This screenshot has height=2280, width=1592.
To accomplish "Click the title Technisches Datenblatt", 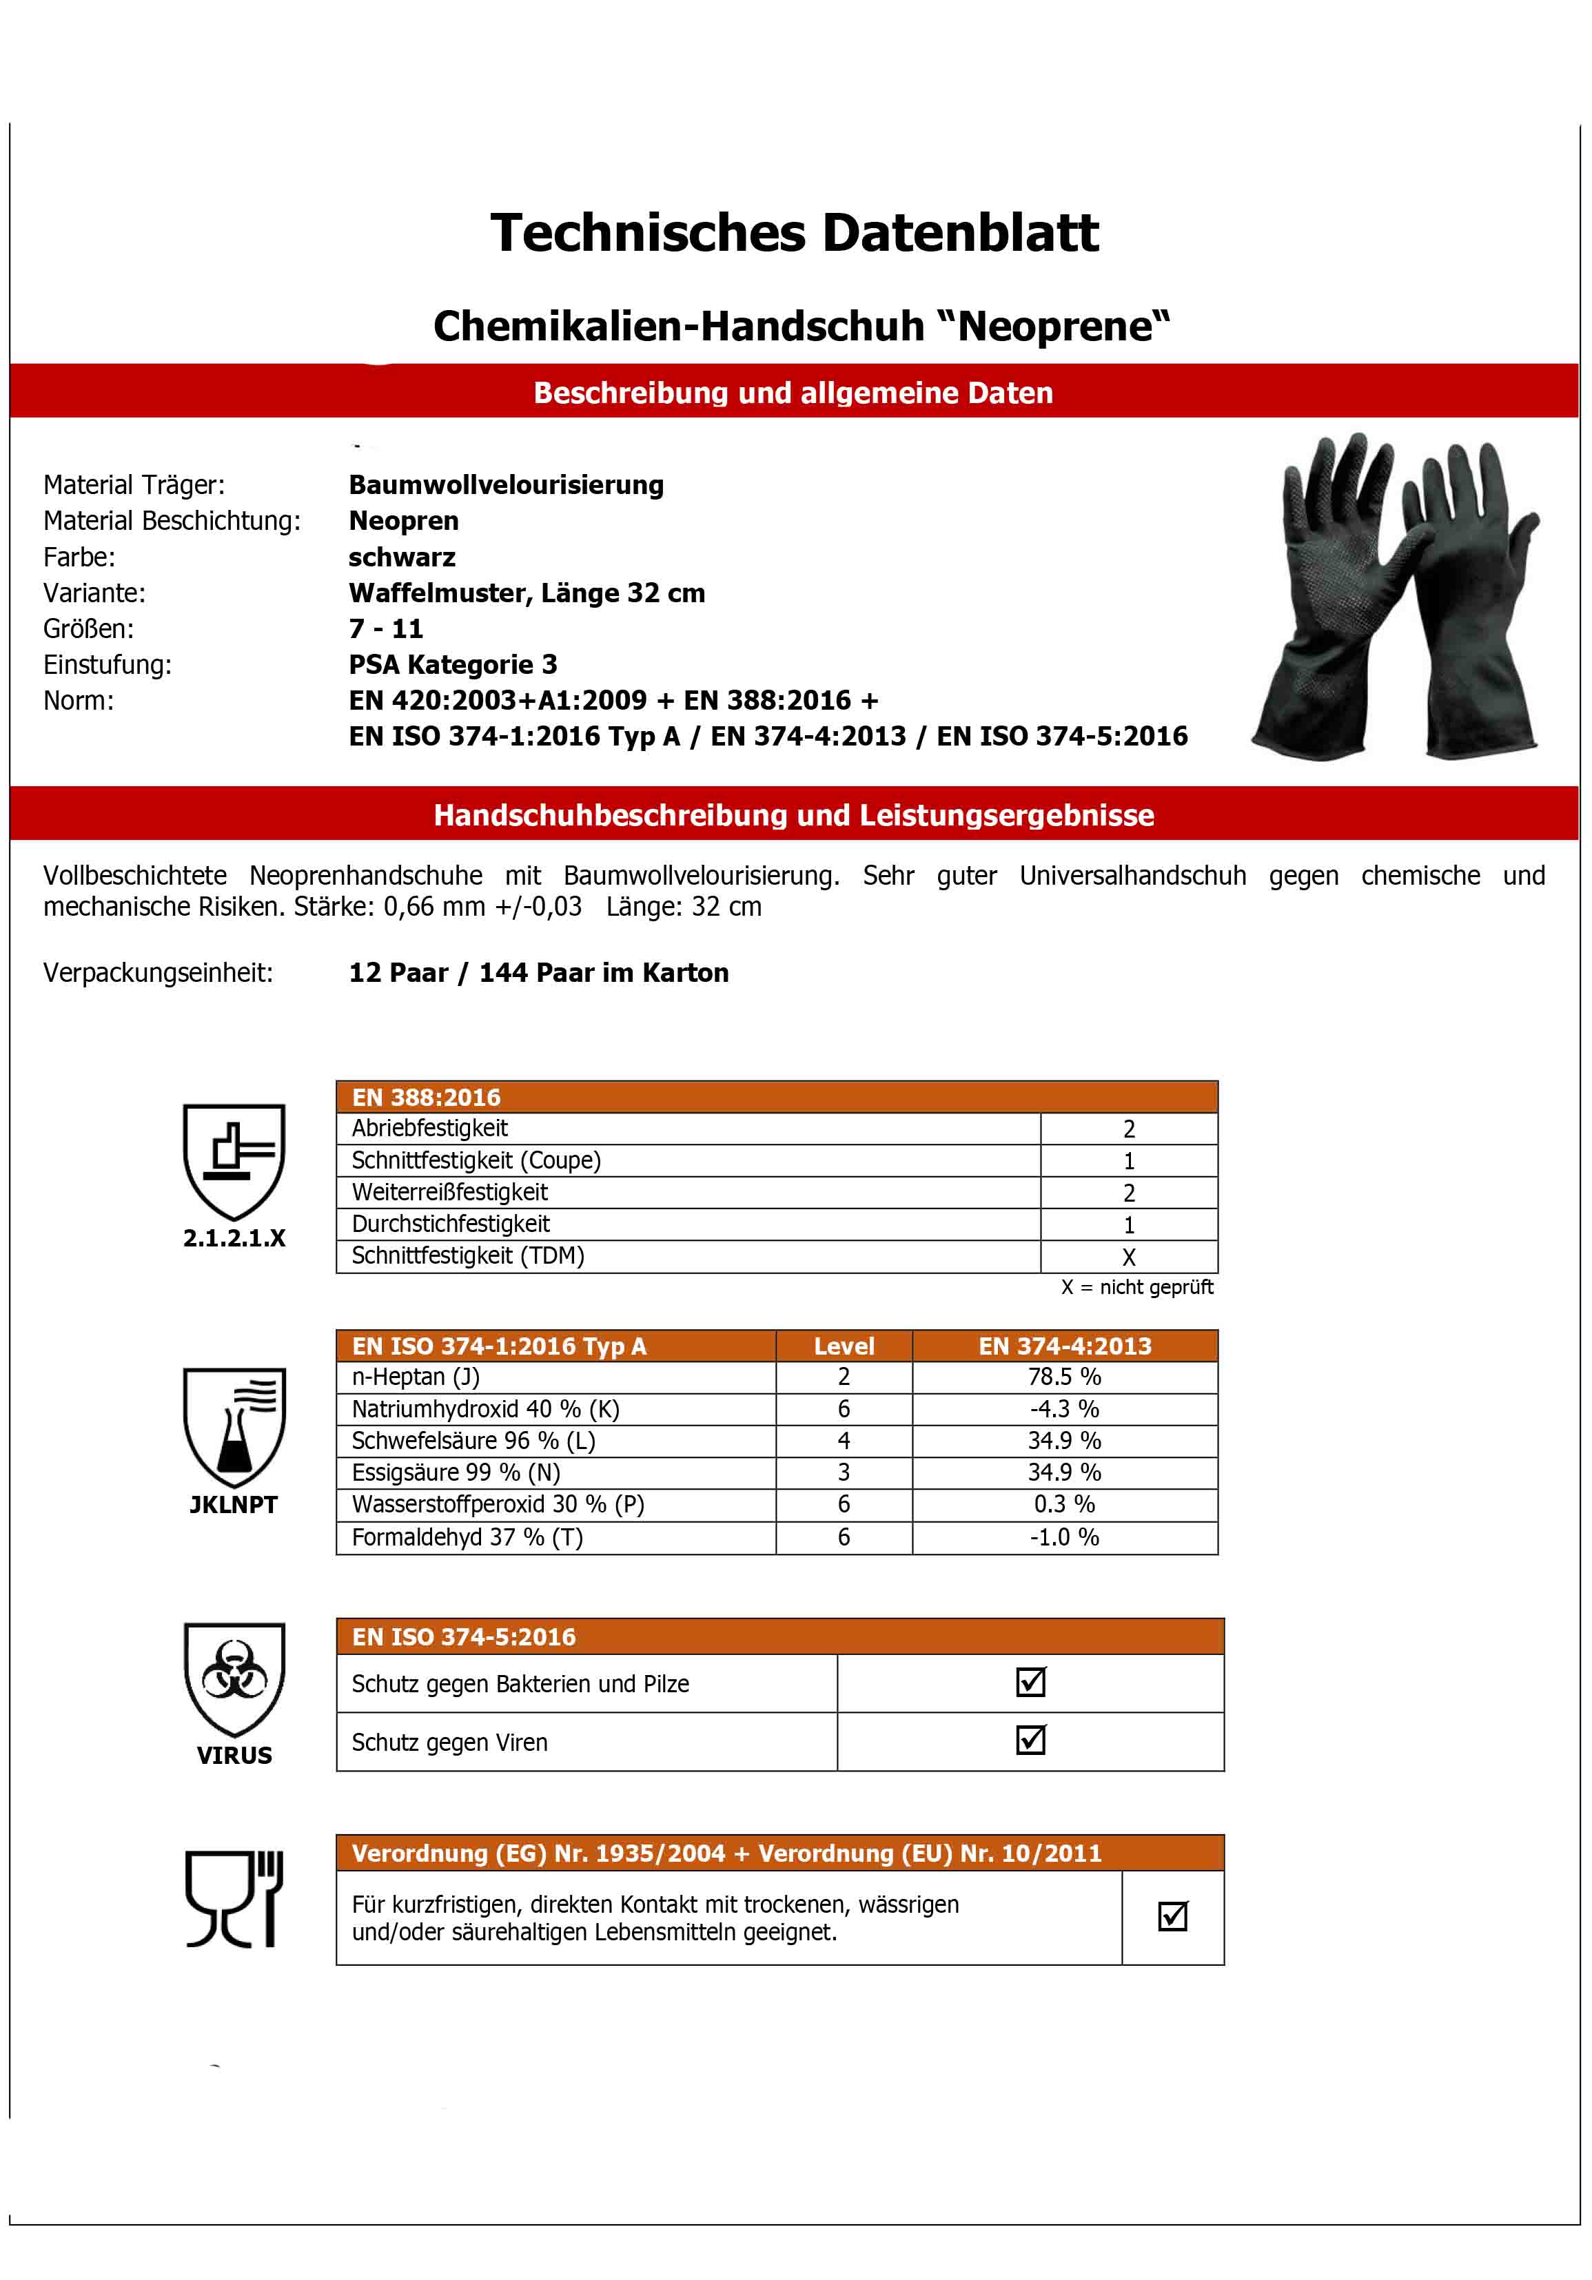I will pyautogui.click(x=795, y=234).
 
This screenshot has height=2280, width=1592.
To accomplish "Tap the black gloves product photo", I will pyautogui.click(x=1396, y=596).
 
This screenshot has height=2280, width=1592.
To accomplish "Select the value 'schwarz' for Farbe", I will pyautogui.click(x=402, y=557).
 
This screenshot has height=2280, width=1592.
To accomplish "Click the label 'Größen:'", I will pyautogui.click(x=88, y=628).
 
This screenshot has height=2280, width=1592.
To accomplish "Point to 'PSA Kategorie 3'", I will pyautogui.click(x=453, y=664).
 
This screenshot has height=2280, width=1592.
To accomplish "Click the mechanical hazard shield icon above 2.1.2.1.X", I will pyautogui.click(x=234, y=1160).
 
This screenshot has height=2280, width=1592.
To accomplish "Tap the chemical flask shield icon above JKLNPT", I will pyautogui.click(x=234, y=1426).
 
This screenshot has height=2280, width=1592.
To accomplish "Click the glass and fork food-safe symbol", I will pyautogui.click(x=234, y=1899).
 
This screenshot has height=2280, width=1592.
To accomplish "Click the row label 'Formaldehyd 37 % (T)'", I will pyautogui.click(x=467, y=1537).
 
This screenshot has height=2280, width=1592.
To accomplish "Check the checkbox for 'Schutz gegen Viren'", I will pyautogui.click(x=1031, y=1740).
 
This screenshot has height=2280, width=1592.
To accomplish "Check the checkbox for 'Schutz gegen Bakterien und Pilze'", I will pyautogui.click(x=1031, y=1682).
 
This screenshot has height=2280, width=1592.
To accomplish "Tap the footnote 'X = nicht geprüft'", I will pyautogui.click(x=1137, y=1288).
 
